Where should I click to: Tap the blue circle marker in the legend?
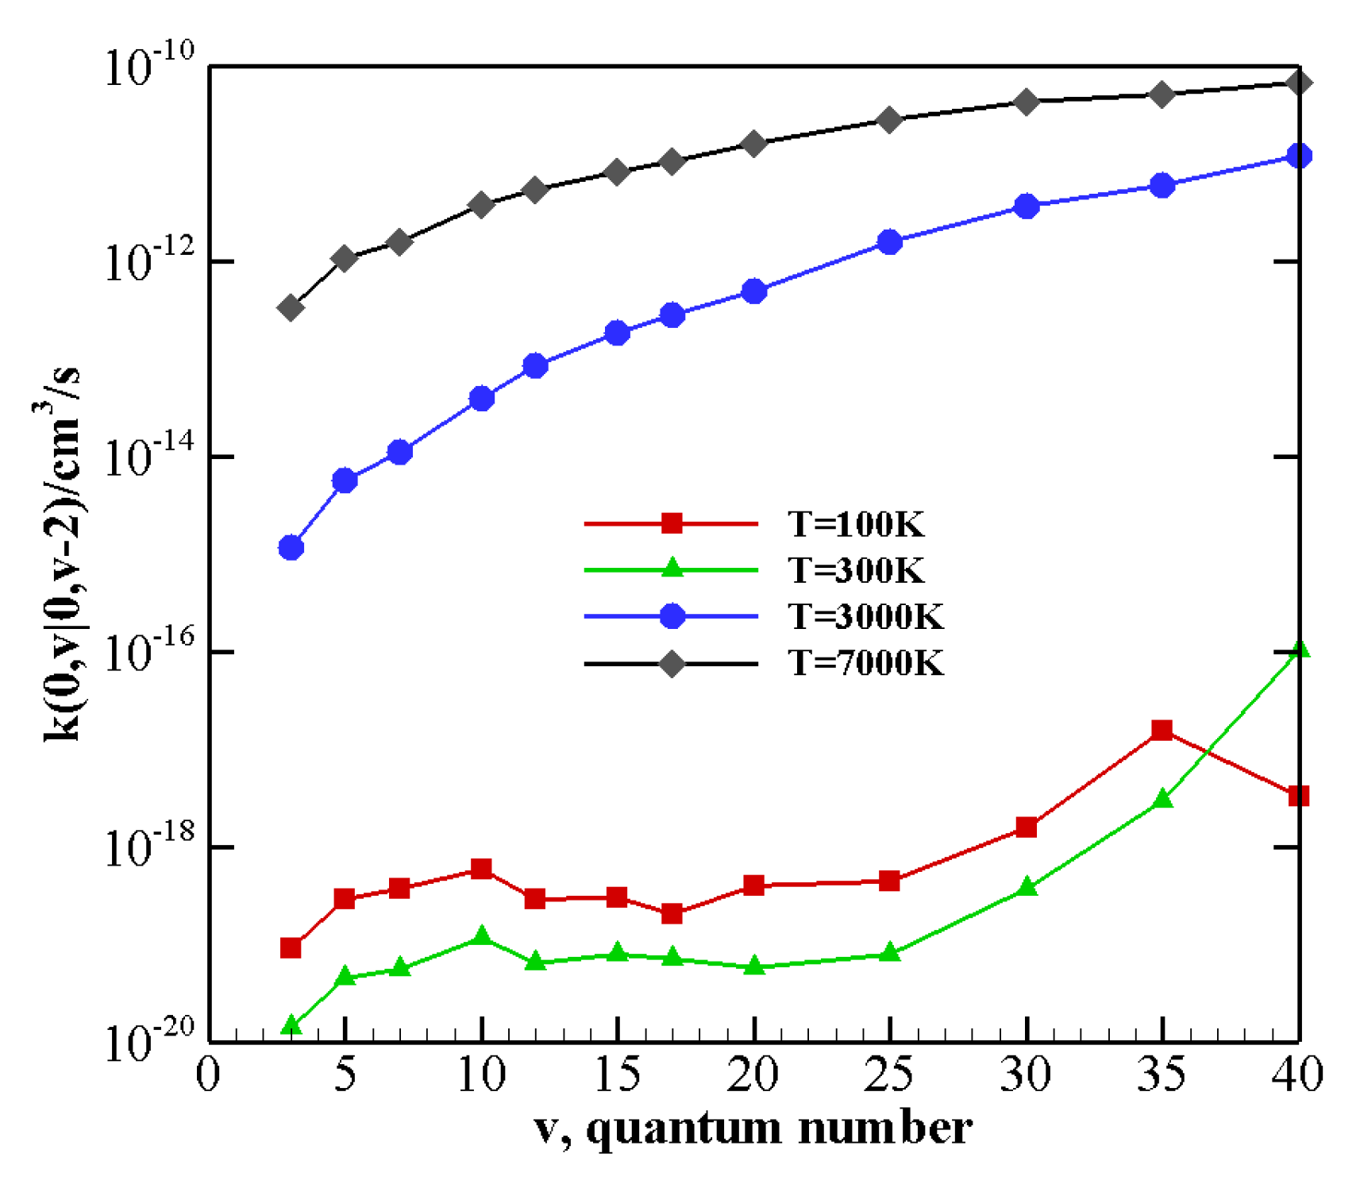click(x=672, y=615)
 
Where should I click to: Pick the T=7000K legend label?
click(x=865, y=662)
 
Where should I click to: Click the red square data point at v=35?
click(x=1162, y=730)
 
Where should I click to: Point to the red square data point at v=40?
click(x=1298, y=795)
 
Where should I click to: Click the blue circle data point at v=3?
click(x=291, y=547)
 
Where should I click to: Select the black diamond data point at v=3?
click(x=291, y=307)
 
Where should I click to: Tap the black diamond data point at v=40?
click(x=1299, y=83)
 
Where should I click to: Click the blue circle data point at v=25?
click(x=889, y=242)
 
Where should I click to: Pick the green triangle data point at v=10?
click(x=481, y=936)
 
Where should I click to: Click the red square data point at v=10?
click(x=481, y=868)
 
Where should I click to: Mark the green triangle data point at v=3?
click(x=291, y=1025)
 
